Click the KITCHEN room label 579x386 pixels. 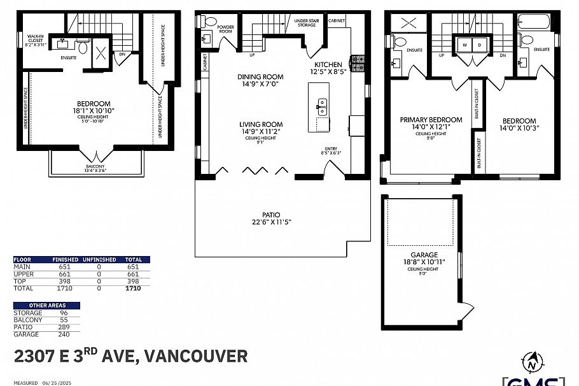328,64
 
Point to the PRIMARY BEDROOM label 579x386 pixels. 431,120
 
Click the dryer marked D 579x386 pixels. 479,45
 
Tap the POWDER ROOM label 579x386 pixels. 226,29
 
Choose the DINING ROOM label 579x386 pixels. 260,76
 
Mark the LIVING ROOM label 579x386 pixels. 261,124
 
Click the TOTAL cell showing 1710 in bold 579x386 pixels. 132,288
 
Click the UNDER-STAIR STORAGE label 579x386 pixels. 307,23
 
